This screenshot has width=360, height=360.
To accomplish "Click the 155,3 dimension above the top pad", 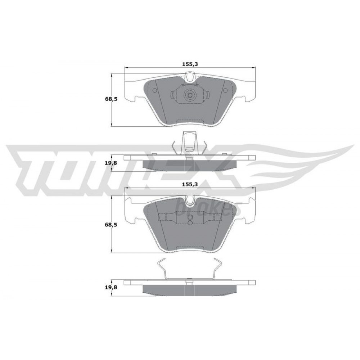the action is (190, 64).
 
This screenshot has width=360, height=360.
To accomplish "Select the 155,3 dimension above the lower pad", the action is (190, 184).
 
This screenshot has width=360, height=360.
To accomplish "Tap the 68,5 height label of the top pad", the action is (111, 99).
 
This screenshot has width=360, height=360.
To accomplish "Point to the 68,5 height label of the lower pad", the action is (111, 225).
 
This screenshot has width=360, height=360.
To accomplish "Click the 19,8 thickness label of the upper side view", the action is (111, 163).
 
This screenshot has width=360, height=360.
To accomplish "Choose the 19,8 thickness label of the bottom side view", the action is (111, 287).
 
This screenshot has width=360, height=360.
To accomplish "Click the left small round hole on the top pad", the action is (155, 90).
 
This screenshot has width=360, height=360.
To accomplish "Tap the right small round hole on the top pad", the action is (225, 90).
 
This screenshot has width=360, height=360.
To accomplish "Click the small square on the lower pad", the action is (190, 217).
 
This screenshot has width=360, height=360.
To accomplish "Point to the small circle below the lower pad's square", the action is (190, 223).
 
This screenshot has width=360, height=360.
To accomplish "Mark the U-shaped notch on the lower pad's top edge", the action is (190, 200).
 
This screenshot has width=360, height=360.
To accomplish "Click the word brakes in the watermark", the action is (209, 208).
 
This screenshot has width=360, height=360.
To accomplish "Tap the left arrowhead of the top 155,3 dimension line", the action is (126, 68).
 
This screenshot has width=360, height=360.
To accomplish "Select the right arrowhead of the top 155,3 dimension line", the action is (254, 68).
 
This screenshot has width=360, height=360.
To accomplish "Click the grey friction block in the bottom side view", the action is (190, 290).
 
